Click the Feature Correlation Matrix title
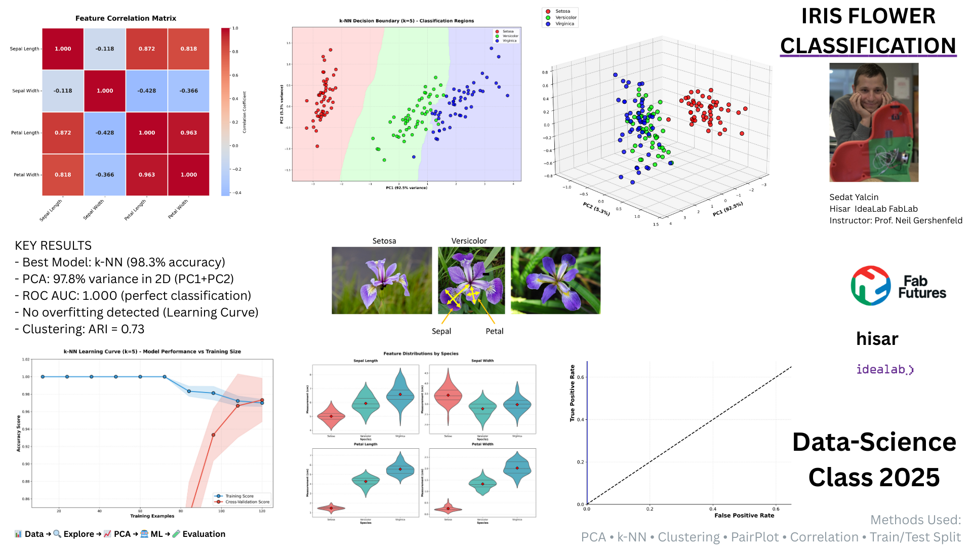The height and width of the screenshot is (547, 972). point(126,18)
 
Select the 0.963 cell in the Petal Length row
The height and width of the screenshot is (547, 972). point(188,133)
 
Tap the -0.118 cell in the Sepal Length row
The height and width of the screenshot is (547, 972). point(105,49)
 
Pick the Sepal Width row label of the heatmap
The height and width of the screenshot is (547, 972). point(25,91)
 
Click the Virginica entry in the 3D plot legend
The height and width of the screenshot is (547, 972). point(564,24)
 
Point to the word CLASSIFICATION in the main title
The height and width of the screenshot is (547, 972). point(868,46)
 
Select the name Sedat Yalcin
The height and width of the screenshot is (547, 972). point(854,197)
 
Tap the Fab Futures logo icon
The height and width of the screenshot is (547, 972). point(870,286)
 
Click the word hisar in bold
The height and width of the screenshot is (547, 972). point(877,338)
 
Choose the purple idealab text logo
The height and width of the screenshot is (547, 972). point(884,369)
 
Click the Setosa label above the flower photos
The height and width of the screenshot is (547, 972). point(384,241)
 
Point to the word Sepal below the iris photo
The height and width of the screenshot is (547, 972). point(441,331)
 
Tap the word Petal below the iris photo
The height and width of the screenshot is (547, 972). point(494,331)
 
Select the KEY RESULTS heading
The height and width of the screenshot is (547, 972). point(53,246)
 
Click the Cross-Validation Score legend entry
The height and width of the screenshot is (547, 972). point(247,502)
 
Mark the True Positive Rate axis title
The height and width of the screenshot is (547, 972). point(573,393)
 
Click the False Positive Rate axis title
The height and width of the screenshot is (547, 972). point(744,516)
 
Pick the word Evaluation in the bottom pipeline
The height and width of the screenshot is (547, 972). point(204,534)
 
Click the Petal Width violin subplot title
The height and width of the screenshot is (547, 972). point(482,444)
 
